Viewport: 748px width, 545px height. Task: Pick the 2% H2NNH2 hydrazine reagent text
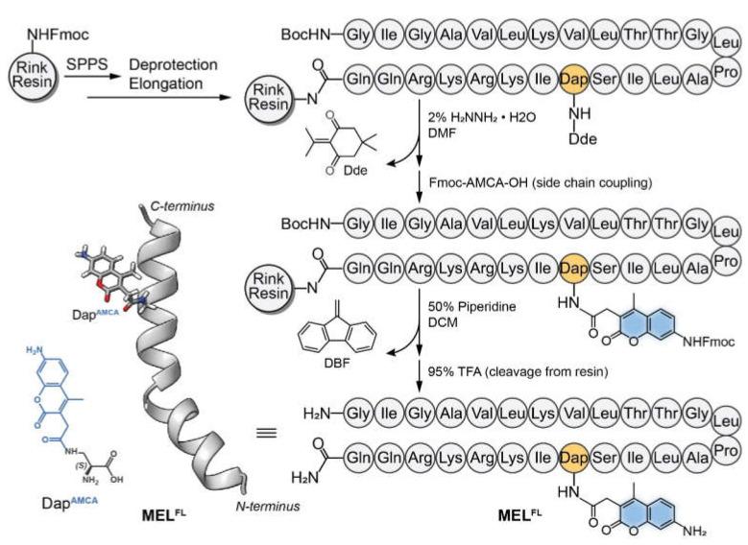tap(484, 115)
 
